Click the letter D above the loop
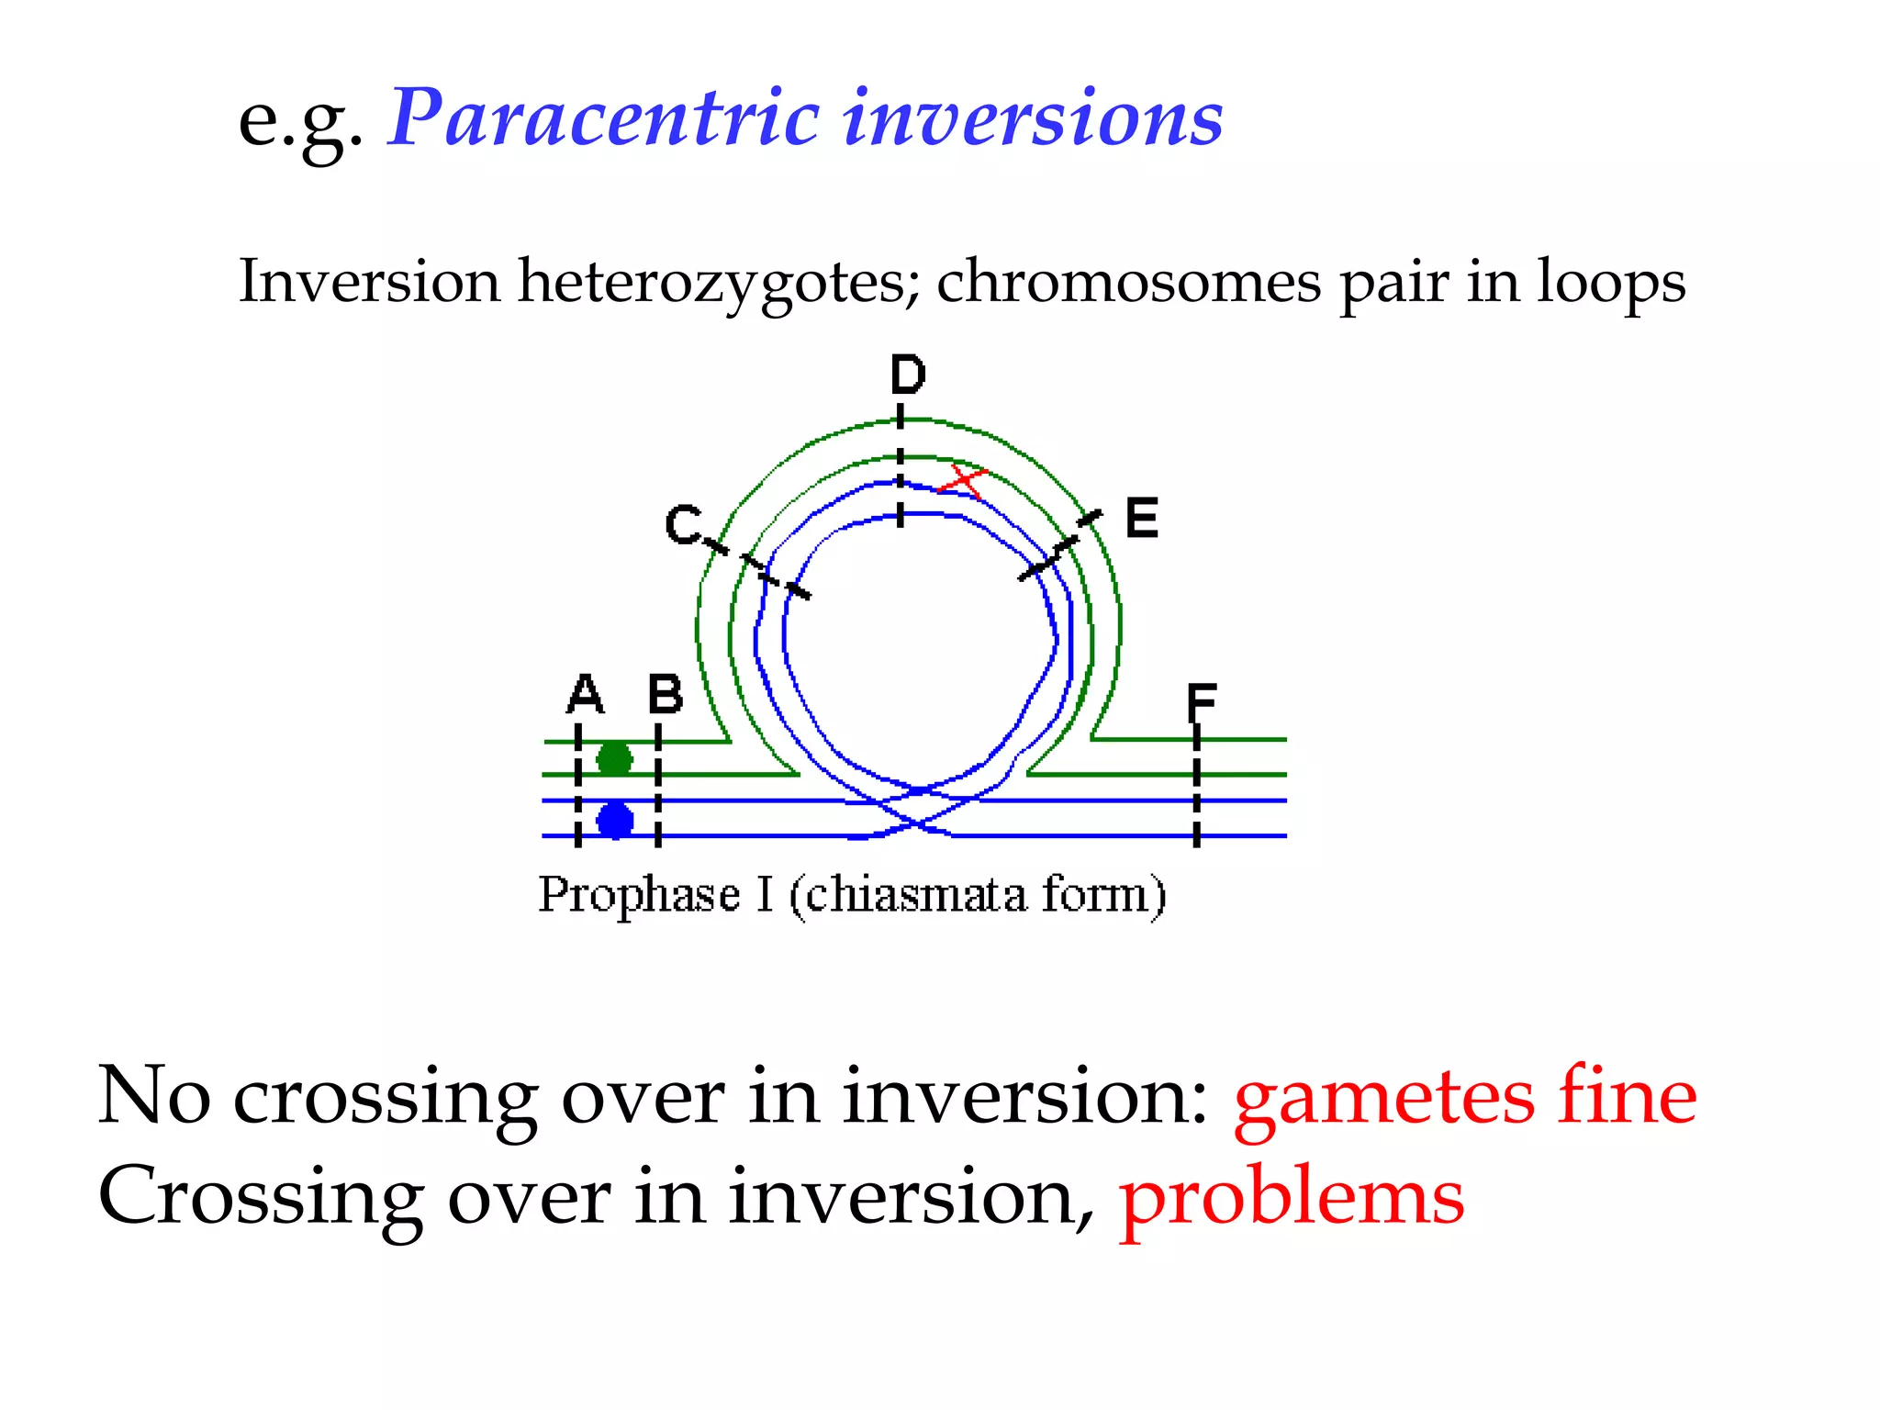pyautogui.click(x=908, y=375)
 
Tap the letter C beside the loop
pyautogui.click(x=684, y=525)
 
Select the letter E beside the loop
pyautogui.click(x=1142, y=518)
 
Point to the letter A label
pyautogui.click(x=585, y=694)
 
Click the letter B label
pyautogui.click(x=666, y=694)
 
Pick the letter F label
pyautogui.click(x=1201, y=703)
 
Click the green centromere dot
pyautogui.click(x=614, y=759)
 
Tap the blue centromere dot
pyautogui.click(x=615, y=820)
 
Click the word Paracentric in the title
pyautogui.click(x=603, y=117)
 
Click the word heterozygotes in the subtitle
pyautogui.click(x=712, y=282)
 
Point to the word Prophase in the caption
pyautogui.click(x=639, y=894)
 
